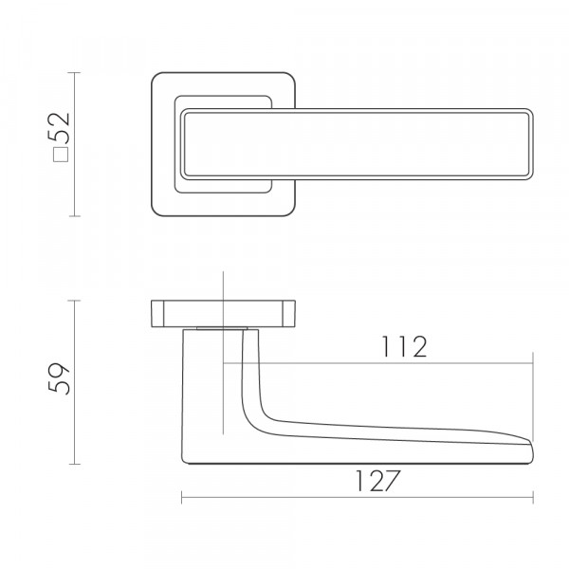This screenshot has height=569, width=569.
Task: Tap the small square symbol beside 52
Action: pyautogui.click(x=61, y=155)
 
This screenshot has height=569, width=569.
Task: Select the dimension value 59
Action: pyautogui.click(x=59, y=377)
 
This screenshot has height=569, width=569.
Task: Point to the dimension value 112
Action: pyautogui.click(x=404, y=346)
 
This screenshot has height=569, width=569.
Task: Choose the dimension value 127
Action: pyautogui.click(x=377, y=481)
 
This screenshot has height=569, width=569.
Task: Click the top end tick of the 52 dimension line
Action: pyautogui.click(x=74, y=73)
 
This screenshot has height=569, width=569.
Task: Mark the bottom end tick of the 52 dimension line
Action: pyautogui.click(x=74, y=216)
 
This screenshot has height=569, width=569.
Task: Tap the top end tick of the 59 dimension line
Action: pyautogui.click(x=74, y=301)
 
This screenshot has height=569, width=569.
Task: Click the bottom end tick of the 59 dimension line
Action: pyautogui.click(x=74, y=464)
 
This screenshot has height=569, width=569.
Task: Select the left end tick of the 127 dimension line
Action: pyautogui.click(x=182, y=497)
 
